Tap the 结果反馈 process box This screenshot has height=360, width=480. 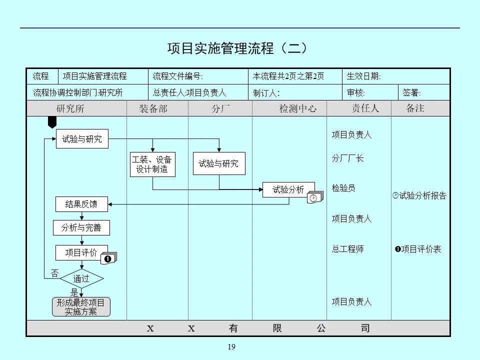(81, 204)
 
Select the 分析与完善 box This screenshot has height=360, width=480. (81, 228)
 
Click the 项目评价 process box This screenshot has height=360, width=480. (81, 253)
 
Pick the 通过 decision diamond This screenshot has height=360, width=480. (81, 279)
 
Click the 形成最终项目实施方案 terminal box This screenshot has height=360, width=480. (81, 307)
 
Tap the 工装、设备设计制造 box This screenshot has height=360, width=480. (152, 164)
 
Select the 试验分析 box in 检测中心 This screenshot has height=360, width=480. (288, 189)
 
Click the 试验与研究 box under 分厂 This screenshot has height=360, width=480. (218, 163)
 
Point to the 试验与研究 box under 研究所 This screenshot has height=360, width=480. (81, 139)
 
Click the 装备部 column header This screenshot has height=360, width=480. (153, 108)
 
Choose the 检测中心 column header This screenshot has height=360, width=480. (297, 108)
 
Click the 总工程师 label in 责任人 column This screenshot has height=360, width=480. (347, 249)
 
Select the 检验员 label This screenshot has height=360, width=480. (343, 188)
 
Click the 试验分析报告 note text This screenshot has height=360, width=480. (422, 196)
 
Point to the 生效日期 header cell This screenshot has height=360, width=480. (364, 76)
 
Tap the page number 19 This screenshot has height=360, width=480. (231, 347)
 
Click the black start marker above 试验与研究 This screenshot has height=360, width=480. (52, 122)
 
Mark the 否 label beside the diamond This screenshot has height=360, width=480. (54, 273)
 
